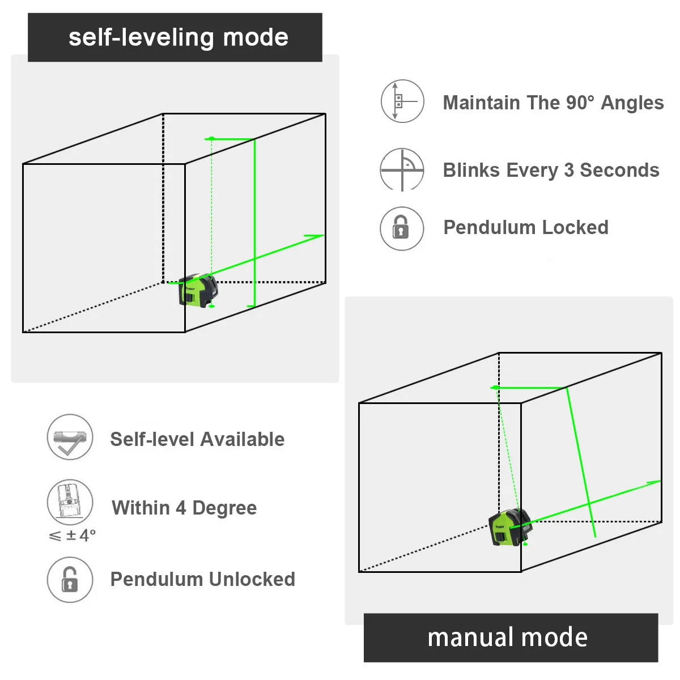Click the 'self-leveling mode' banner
coord(175,37)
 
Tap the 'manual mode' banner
coord(510,637)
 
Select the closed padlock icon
coord(401,228)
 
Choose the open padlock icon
coord(70,580)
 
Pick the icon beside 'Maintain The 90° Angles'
coord(402,101)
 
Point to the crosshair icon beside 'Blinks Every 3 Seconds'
coord(402,170)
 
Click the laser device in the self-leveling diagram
coord(198,291)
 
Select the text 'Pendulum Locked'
coord(525,227)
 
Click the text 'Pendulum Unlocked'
coord(202,579)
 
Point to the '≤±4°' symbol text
coord(73,535)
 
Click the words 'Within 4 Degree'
coord(184,508)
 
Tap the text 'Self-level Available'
coord(197,439)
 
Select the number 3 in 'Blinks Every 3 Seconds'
coord(569,170)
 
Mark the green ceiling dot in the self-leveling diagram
coord(211,138)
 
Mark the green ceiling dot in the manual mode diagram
coord(496,388)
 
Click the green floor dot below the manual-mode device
coord(525,544)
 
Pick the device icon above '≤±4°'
coord(70,501)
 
